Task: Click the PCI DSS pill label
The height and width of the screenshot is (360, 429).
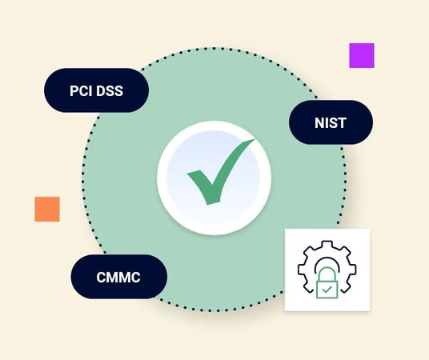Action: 96,90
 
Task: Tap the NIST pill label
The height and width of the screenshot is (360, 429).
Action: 331,122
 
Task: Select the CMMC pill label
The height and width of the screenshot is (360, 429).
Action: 118,277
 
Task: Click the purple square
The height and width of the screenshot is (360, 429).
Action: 362,55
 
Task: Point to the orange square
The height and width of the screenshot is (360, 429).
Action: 47,209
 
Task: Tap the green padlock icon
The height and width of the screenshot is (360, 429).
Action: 327,283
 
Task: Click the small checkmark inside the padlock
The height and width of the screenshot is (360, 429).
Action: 327,290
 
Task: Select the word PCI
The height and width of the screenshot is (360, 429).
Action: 81,91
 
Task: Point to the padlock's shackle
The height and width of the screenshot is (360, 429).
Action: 327,274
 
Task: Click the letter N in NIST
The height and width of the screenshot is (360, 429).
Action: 320,123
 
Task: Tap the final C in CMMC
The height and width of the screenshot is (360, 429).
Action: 135,277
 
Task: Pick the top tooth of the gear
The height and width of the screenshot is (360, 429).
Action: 327,245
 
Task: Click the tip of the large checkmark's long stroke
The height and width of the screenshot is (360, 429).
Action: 255,139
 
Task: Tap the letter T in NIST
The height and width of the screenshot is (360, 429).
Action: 342,123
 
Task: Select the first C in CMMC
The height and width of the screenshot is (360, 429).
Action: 102,277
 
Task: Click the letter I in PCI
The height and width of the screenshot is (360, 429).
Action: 90,91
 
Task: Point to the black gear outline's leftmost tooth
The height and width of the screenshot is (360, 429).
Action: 301,269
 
